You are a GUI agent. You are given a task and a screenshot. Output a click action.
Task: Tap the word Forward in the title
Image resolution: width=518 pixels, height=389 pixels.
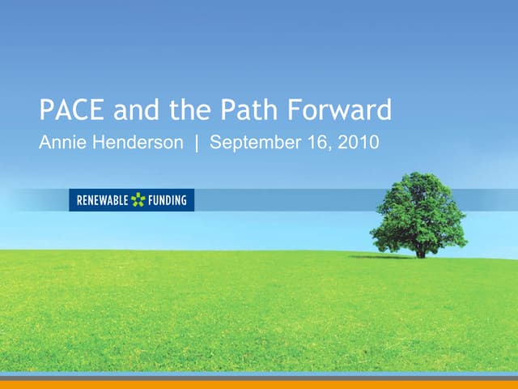[x=340, y=109]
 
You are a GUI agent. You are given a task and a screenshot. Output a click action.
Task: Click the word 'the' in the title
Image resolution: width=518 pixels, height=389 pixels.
[x=191, y=109]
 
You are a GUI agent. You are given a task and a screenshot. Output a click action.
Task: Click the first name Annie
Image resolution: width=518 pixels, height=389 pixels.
[x=62, y=143]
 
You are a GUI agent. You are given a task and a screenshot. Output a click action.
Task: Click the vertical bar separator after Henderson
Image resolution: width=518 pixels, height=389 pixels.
[x=197, y=143]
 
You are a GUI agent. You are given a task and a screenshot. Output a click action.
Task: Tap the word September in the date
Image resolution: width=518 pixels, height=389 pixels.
[x=254, y=144]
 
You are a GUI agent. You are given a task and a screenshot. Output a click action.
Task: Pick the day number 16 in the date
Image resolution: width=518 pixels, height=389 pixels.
[x=316, y=143]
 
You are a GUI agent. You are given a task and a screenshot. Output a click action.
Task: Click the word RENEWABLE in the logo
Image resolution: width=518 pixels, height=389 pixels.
[x=103, y=200]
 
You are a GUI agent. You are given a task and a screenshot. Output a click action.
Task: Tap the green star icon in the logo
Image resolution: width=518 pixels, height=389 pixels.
[x=138, y=199]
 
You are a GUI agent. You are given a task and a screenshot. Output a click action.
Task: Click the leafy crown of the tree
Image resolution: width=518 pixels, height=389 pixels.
[x=418, y=211]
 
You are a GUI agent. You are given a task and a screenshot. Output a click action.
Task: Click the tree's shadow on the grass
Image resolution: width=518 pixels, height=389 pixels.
[x=380, y=257]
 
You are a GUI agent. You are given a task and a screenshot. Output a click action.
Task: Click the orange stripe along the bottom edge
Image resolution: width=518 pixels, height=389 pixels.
[x=259, y=385]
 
